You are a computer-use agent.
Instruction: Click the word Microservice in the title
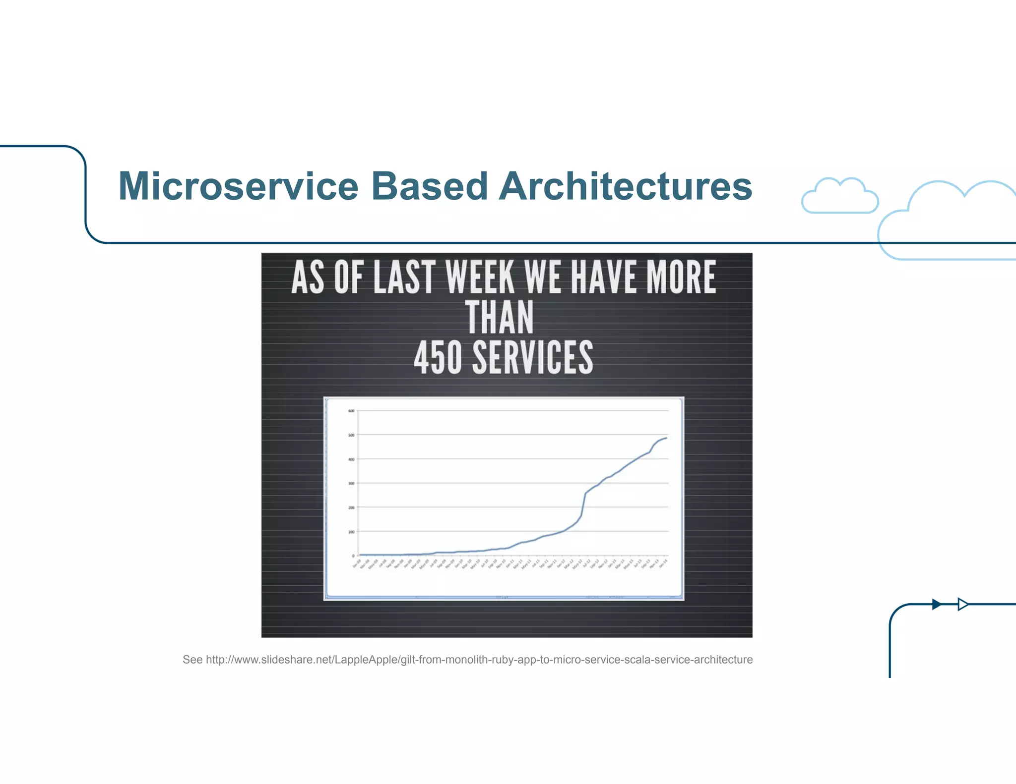tap(238, 186)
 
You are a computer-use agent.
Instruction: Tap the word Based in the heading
tap(430, 186)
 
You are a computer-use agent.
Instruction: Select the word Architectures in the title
tap(626, 186)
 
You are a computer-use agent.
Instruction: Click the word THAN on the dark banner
tap(500, 318)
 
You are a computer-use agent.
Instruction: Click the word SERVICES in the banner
tap(532, 357)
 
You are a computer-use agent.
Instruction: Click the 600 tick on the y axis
tap(351, 411)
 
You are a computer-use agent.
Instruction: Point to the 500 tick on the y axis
tap(351, 435)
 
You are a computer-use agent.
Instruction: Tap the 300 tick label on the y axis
tap(351, 483)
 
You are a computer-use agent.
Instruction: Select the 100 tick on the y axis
tap(351, 532)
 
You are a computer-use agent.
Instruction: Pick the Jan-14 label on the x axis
tap(663, 563)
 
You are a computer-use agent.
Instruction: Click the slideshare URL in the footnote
tap(479, 660)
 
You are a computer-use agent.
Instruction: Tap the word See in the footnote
tap(192, 660)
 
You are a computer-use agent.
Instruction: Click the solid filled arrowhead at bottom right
tap(937, 604)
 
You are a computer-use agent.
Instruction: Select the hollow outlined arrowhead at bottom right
tap(963, 604)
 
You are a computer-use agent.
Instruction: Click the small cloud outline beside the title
tap(839, 196)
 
